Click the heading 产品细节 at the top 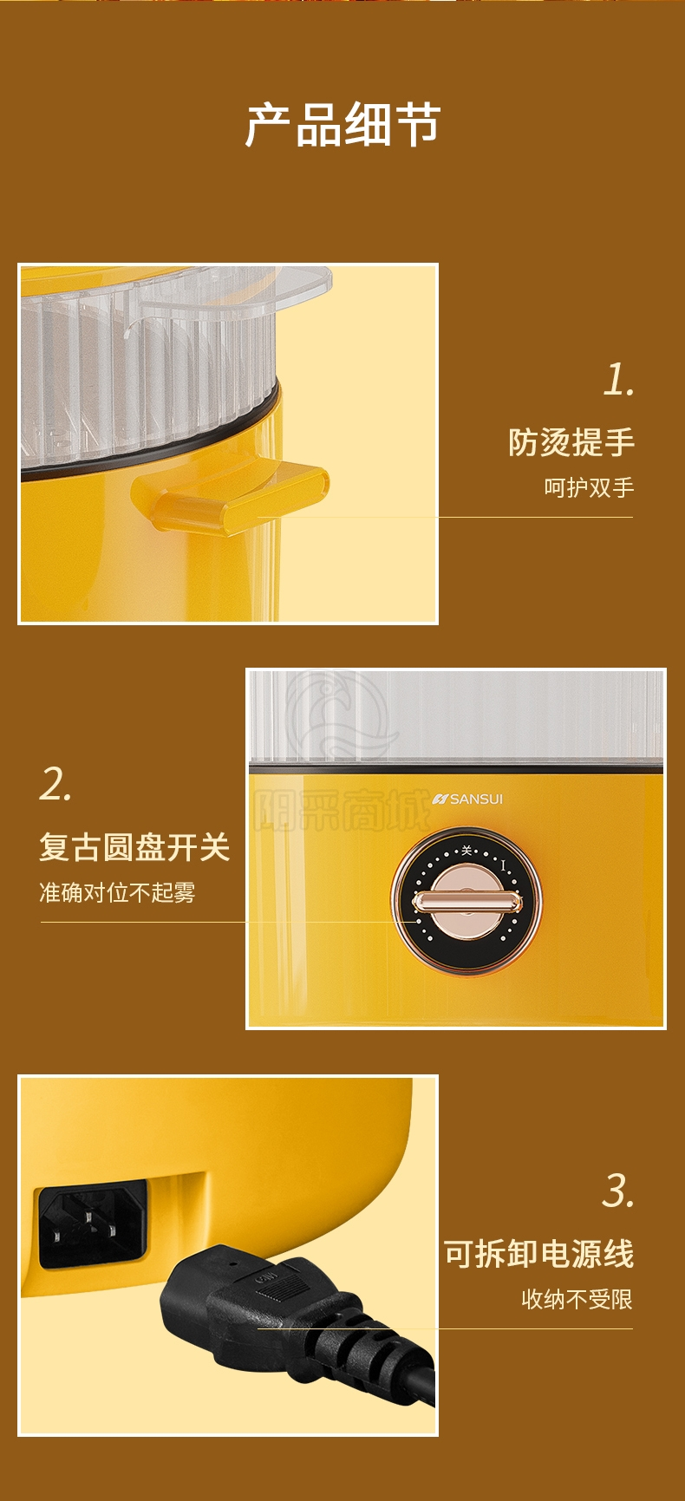coord(342,125)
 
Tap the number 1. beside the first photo coord(619,380)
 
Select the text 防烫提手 coord(571,442)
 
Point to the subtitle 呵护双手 coord(589,487)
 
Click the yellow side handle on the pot coord(230,494)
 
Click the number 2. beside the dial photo coord(55,784)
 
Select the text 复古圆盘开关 coord(134,847)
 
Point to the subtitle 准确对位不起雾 coord(117,892)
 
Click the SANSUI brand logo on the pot coord(467,799)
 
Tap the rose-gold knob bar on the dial coord(466,903)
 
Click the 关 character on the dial coord(466,850)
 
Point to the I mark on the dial coord(503,865)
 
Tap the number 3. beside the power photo coord(619,1191)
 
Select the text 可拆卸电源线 coord(539,1254)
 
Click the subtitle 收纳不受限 coord(577,1299)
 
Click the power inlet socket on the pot coord(92,1225)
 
